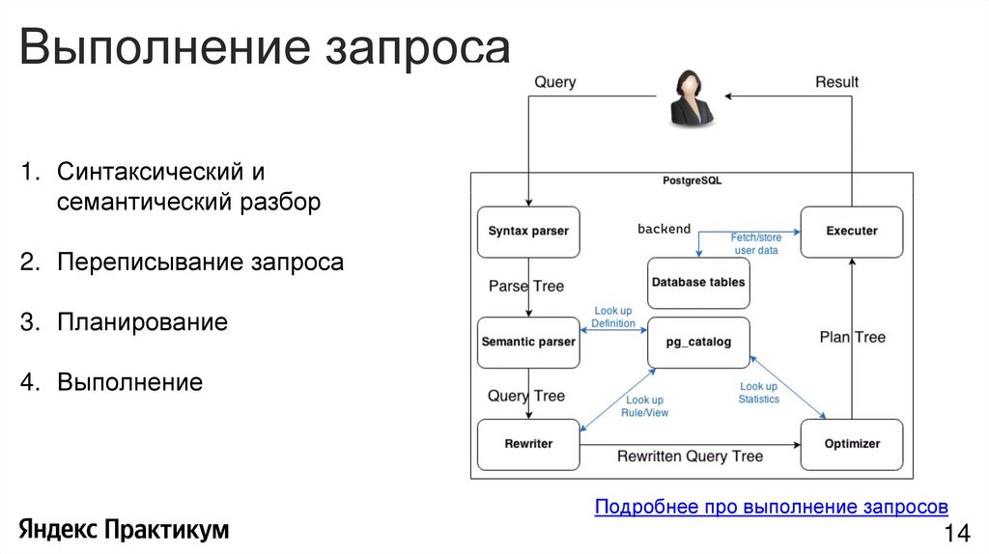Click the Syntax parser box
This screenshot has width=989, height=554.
pyautogui.click(x=528, y=232)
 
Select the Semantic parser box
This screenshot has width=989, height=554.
pyautogui.click(x=528, y=342)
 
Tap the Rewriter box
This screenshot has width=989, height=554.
pyautogui.click(x=528, y=444)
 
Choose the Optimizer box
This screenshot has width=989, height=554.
pyautogui.click(x=852, y=444)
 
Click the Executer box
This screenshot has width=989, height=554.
pyautogui.click(x=852, y=232)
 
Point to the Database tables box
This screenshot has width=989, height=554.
pyautogui.click(x=698, y=283)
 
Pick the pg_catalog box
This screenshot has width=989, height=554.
pyautogui.click(x=698, y=342)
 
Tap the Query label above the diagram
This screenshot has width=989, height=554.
pyautogui.click(x=555, y=83)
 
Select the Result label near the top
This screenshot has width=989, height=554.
pyautogui.click(x=836, y=83)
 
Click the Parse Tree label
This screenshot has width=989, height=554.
pyautogui.click(x=526, y=286)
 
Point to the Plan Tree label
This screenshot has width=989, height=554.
pyautogui.click(x=852, y=337)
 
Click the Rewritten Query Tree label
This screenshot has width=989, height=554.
pyautogui.click(x=690, y=456)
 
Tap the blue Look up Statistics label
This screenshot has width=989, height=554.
pyautogui.click(x=758, y=393)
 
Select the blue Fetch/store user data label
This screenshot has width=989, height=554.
pyautogui.click(x=756, y=243)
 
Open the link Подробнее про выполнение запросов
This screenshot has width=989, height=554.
pyautogui.click(x=771, y=507)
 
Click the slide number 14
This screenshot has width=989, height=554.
pyautogui.click(x=955, y=534)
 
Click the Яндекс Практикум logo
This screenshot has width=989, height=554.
pyautogui.click(x=124, y=529)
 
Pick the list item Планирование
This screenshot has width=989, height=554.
pyautogui.click(x=142, y=322)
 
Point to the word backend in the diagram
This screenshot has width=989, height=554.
pyautogui.click(x=664, y=229)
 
